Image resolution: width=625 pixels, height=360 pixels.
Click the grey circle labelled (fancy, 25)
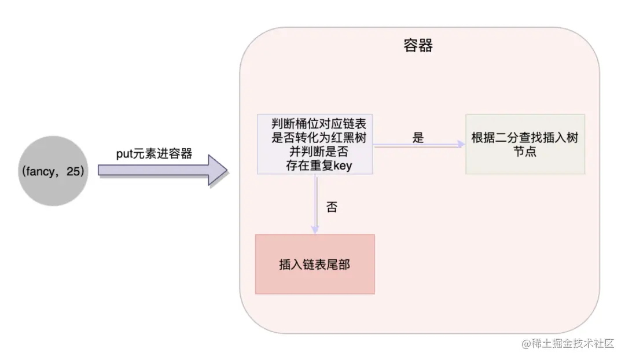point(53,171)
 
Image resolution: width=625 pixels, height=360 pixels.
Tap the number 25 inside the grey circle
point(75,171)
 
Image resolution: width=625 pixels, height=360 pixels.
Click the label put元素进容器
point(154,153)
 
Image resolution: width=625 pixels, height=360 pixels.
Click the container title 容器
point(418,46)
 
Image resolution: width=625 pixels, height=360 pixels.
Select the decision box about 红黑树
point(315,144)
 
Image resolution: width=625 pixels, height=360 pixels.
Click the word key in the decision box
point(343,167)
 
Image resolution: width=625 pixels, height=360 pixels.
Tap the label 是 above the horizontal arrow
point(418,138)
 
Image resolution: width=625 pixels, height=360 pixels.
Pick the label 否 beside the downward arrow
point(332,208)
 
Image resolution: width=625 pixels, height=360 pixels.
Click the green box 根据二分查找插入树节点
point(525,144)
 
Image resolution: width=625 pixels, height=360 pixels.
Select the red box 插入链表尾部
point(315,264)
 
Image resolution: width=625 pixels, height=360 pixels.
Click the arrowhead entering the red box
point(315,230)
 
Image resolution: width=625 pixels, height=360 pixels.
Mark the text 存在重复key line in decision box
point(315,167)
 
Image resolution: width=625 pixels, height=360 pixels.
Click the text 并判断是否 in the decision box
point(315,152)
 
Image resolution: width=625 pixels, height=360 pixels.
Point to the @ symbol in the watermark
point(527,344)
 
